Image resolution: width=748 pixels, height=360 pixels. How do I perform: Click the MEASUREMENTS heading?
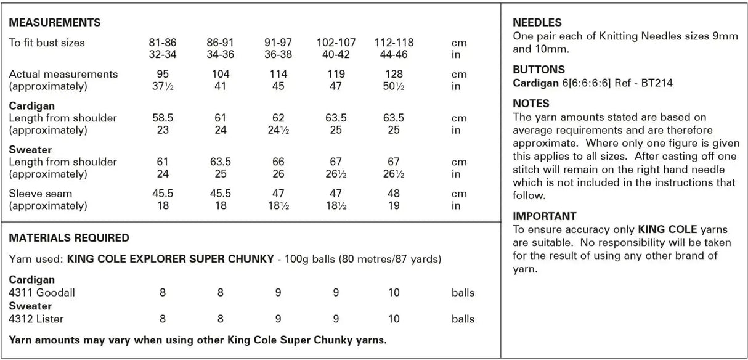[x=55, y=23]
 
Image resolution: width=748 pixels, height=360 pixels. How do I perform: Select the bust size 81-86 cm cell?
[x=163, y=43]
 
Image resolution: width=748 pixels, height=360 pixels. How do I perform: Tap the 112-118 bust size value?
[x=394, y=43]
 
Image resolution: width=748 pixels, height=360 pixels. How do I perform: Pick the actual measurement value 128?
[x=394, y=74]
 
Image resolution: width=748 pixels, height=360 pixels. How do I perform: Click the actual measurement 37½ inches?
[x=163, y=86]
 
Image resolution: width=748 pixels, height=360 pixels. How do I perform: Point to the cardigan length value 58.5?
[x=163, y=118]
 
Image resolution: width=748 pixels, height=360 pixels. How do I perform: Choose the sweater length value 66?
[x=278, y=162]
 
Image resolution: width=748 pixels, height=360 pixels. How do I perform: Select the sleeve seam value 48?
[x=394, y=193]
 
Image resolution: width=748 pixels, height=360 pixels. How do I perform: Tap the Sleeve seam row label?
[x=40, y=193]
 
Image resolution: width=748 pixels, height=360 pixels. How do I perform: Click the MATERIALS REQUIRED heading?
[x=69, y=237]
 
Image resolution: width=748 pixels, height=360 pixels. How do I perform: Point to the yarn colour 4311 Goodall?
[x=42, y=293]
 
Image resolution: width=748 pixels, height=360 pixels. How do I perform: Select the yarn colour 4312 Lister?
[x=36, y=319]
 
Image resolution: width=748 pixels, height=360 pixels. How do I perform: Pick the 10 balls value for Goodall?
[x=394, y=293]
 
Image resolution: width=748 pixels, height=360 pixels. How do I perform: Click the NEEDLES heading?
[x=537, y=23]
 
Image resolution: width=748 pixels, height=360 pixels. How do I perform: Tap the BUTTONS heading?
[x=539, y=70]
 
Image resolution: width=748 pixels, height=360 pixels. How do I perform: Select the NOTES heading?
[x=531, y=104]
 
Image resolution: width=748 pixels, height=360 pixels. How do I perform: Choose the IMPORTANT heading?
[x=545, y=216]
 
